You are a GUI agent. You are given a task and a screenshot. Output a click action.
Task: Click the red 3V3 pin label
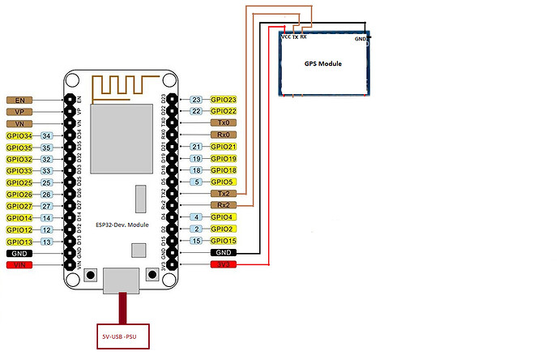pos(223,264)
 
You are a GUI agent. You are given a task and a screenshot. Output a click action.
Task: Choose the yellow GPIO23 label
pos(224,99)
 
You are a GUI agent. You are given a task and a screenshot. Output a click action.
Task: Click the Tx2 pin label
pos(223,194)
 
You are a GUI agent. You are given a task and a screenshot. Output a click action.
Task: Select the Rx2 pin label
pos(223,206)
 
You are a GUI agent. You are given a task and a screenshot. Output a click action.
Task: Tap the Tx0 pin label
pos(223,122)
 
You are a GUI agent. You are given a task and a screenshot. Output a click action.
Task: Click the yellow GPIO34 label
pos(19,135)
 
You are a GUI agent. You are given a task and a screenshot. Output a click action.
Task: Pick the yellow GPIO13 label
pos(19,242)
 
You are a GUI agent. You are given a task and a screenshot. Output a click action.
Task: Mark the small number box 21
pos(196,147)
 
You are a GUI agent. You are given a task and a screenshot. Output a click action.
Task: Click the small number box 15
pos(196,241)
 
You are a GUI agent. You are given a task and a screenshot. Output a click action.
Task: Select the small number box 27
pos(47,207)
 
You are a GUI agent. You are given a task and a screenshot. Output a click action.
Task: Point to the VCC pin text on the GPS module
pos(286,36)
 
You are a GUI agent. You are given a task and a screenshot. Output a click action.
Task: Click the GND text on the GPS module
pos(361,38)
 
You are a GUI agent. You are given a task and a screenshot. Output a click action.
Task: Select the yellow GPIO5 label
pos(223,182)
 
